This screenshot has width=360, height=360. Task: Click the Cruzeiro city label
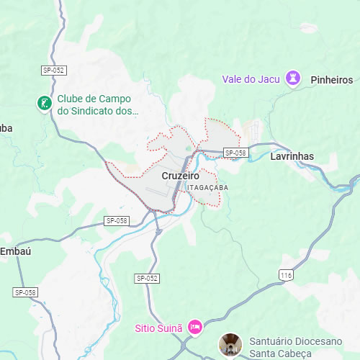(x=180, y=175)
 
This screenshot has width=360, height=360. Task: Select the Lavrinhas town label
(x=292, y=156)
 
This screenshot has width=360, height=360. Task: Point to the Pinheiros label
(x=331, y=79)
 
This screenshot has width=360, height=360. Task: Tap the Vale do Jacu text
(x=251, y=78)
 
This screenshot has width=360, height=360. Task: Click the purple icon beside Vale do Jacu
(x=293, y=78)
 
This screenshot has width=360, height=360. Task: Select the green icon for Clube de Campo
(x=45, y=104)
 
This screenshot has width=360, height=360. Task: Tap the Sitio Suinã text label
(x=159, y=328)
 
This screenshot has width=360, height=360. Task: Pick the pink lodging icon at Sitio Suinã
(x=194, y=328)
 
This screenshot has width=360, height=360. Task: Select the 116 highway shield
(x=287, y=276)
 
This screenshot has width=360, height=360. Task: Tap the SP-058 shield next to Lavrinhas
(x=235, y=153)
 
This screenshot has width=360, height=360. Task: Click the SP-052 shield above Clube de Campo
(x=53, y=70)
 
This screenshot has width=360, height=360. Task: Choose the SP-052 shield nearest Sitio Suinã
(x=146, y=278)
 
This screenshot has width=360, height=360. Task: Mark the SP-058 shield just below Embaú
(x=25, y=292)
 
